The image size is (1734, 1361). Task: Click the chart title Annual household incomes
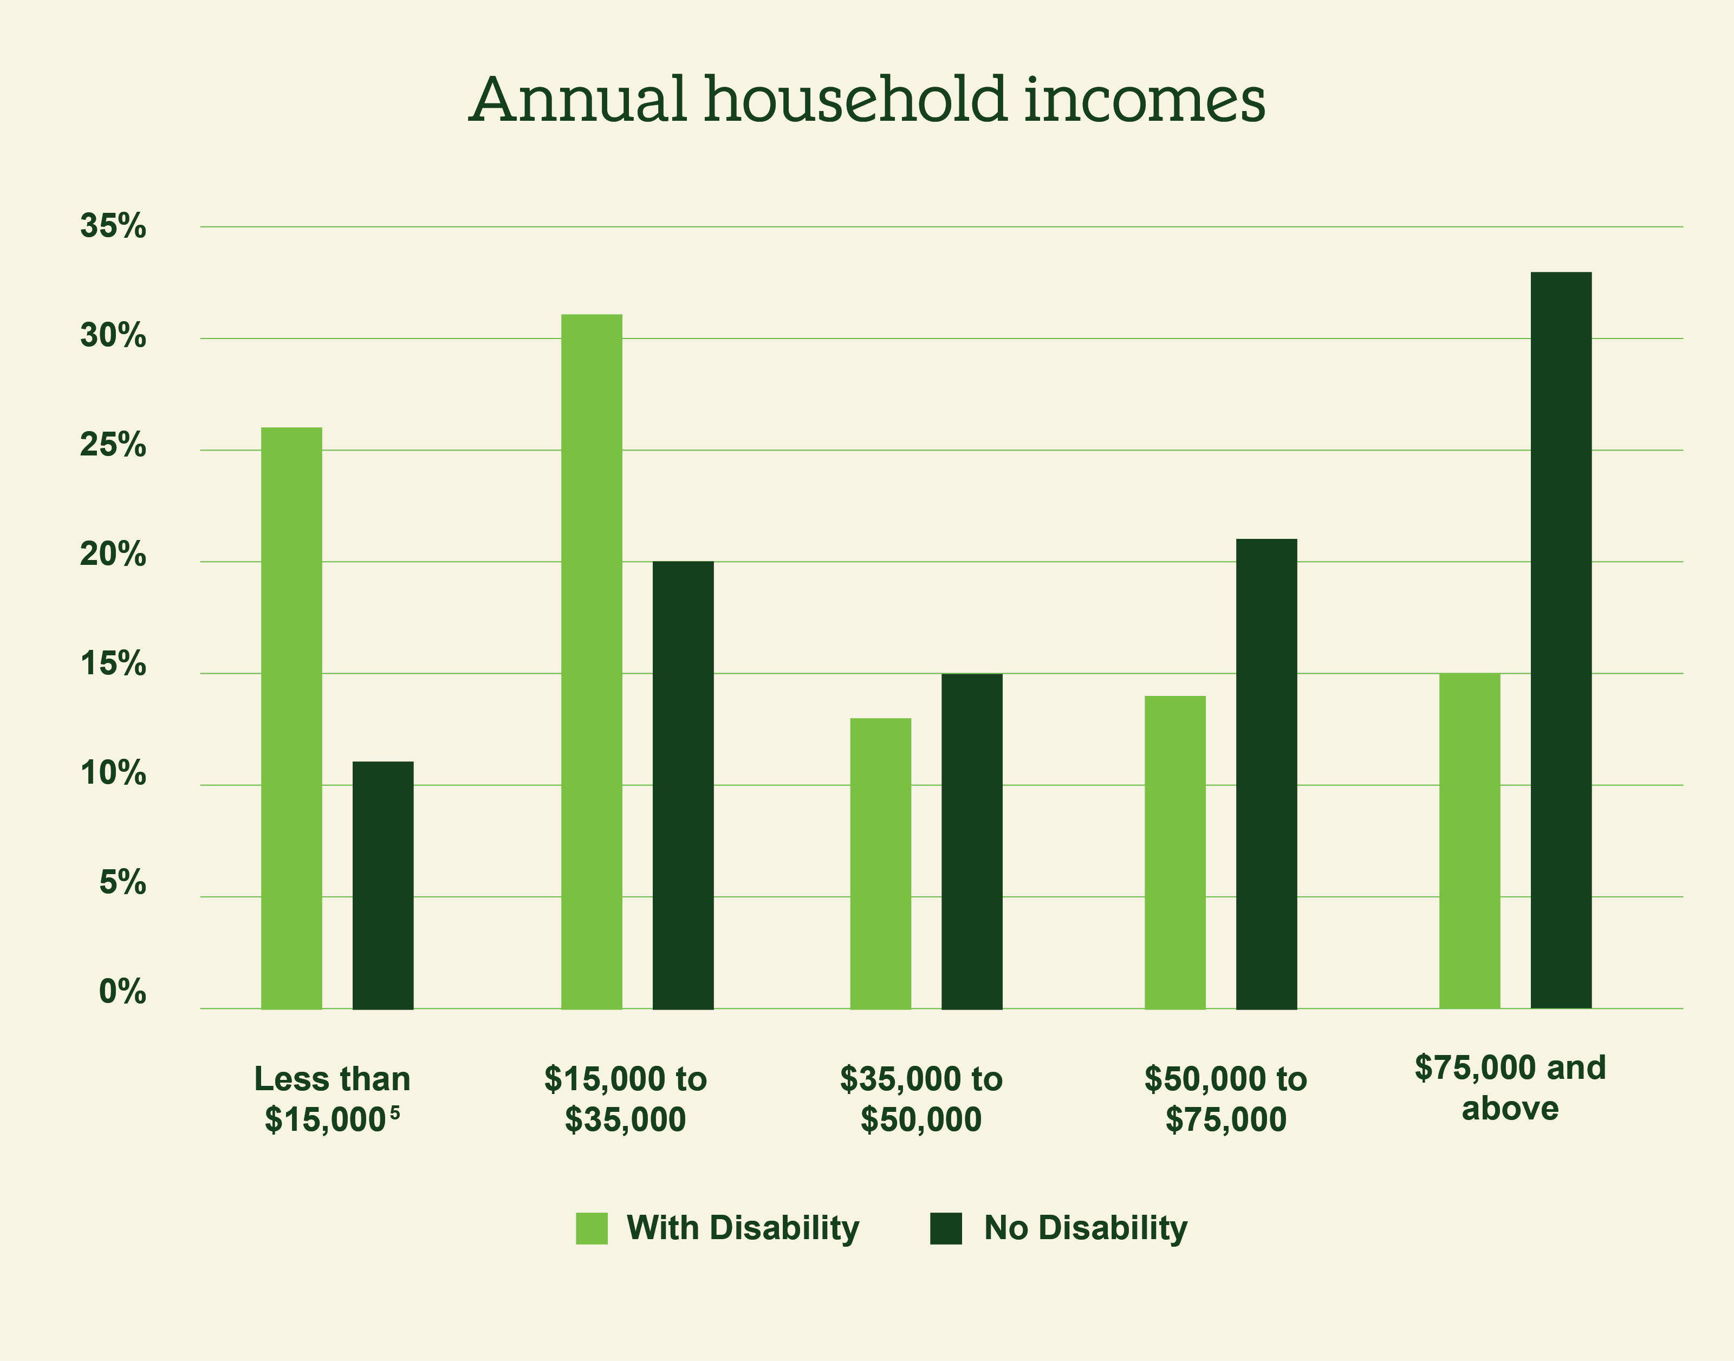coord(867,100)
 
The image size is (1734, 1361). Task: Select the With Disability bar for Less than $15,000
coord(291,717)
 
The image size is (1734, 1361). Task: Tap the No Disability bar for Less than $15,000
coord(384,884)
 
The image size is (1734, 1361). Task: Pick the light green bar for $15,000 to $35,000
coord(592,661)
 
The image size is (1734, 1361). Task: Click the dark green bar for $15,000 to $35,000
coord(683,785)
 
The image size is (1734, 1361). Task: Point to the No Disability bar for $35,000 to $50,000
coord(972,841)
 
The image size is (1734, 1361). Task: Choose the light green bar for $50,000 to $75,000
coord(1176,852)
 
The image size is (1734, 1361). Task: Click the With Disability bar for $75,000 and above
coord(1470,841)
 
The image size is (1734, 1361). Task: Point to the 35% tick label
coord(113,226)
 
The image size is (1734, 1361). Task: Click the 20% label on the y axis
coord(113,555)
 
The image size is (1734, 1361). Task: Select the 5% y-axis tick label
coord(123,883)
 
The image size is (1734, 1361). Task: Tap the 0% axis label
coord(123,992)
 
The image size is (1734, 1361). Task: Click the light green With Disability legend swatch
coord(592,1228)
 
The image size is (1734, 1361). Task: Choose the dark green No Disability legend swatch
coord(946,1228)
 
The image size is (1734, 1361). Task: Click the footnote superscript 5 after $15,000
coord(395,1112)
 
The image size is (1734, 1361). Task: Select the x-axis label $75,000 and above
coord(1510,1088)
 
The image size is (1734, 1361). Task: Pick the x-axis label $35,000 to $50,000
coord(921,1099)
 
